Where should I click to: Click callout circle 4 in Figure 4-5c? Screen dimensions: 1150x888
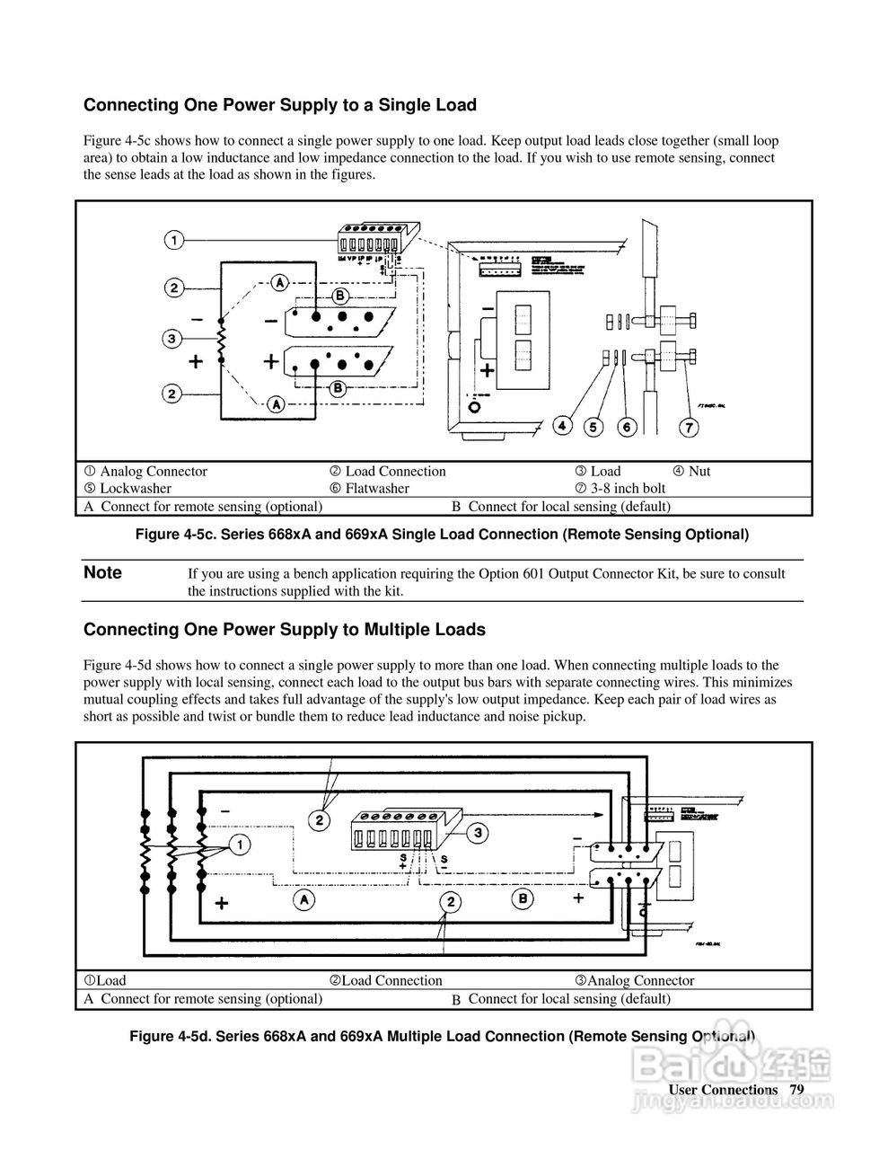[x=563, y=427]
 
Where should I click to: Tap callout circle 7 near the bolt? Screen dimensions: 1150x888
[x=688, y=427]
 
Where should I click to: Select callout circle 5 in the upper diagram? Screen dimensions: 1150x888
[x=593, y=427]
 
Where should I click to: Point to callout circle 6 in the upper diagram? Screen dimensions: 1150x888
[x=627, y=427]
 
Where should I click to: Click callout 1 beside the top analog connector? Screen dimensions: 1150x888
[x=174, y=240]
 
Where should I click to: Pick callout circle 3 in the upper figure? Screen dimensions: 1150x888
[x=172, y=338]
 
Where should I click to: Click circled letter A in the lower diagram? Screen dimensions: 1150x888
[x=305, y=898]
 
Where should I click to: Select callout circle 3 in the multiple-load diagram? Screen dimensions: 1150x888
[x=479, y=833]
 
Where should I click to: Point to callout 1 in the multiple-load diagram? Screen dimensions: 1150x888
[x=239, y=844]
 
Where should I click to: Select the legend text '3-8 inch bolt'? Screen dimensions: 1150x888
[x=628, y=489]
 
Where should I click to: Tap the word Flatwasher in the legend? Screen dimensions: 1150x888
[x=377, y=489]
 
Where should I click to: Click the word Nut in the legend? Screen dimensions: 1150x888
[x=699, y=472]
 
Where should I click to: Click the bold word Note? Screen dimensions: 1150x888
[x=102, y=573]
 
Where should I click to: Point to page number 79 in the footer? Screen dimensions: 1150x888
[x=796, y=1090]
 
